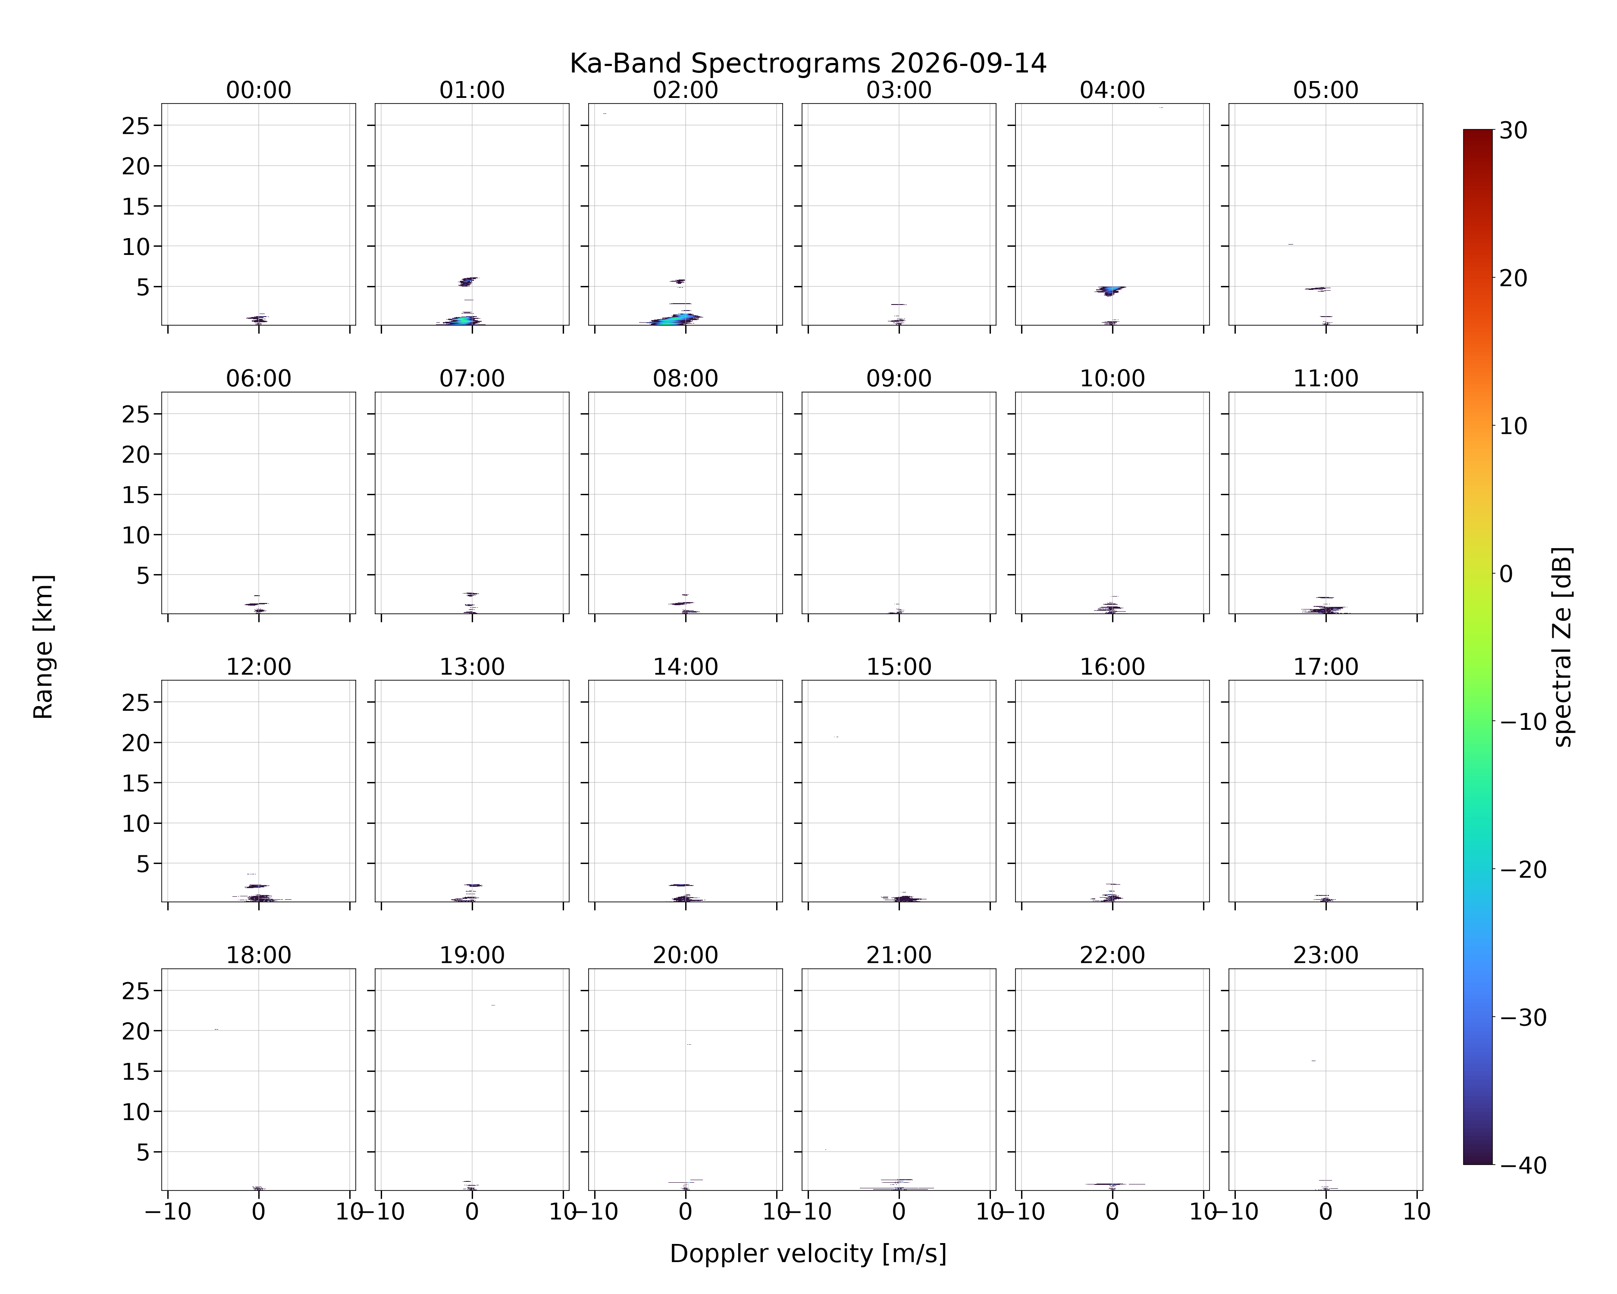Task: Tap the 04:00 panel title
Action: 1112,90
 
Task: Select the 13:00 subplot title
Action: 472,667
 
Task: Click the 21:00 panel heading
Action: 899,955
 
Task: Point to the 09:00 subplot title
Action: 899,379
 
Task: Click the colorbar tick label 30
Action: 1514,131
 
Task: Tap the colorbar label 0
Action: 1506,574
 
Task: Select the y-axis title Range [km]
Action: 44,647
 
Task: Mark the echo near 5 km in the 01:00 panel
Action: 467,281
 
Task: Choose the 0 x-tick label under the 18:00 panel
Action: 259,1212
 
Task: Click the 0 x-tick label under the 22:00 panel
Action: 1112,1212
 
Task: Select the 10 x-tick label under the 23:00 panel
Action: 1417,1212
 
